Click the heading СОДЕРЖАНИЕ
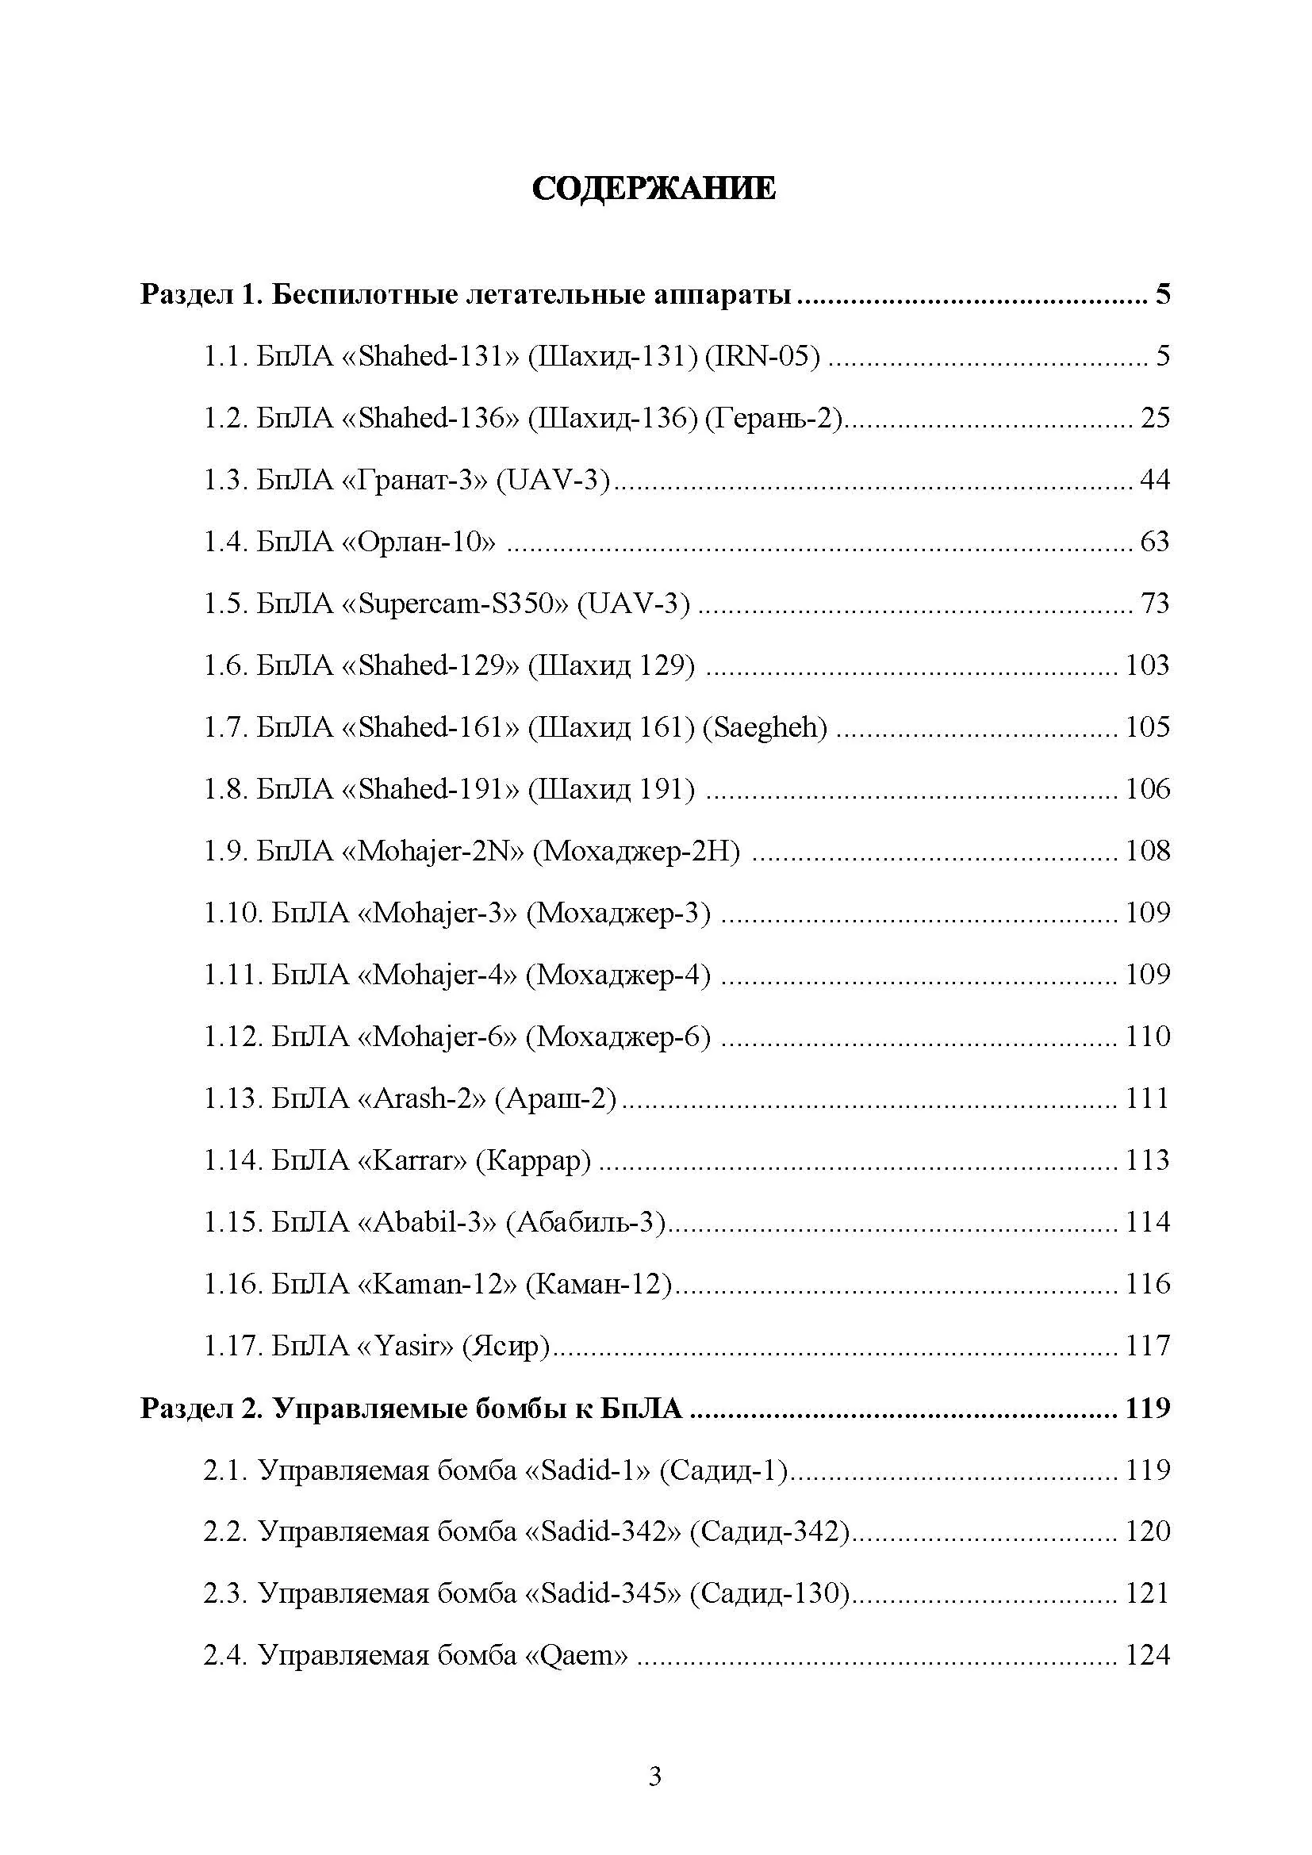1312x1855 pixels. pos(654,188)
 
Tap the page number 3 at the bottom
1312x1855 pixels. pos(655,1776)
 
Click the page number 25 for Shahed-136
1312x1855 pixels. pos(1154,418)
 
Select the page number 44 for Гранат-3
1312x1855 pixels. pos(1154,480)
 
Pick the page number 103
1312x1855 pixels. pos(1147,665)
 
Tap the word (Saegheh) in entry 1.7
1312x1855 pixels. pos(765,727)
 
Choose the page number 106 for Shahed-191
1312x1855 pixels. pos(1147,788)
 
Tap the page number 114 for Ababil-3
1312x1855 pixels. pos(1147,1221)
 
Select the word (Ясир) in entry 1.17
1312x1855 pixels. pos(505,1346)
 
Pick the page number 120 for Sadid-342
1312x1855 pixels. pos(1147,1531)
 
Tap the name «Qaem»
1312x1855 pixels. pos(576,1655)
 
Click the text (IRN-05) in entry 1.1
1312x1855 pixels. pos(762,356)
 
